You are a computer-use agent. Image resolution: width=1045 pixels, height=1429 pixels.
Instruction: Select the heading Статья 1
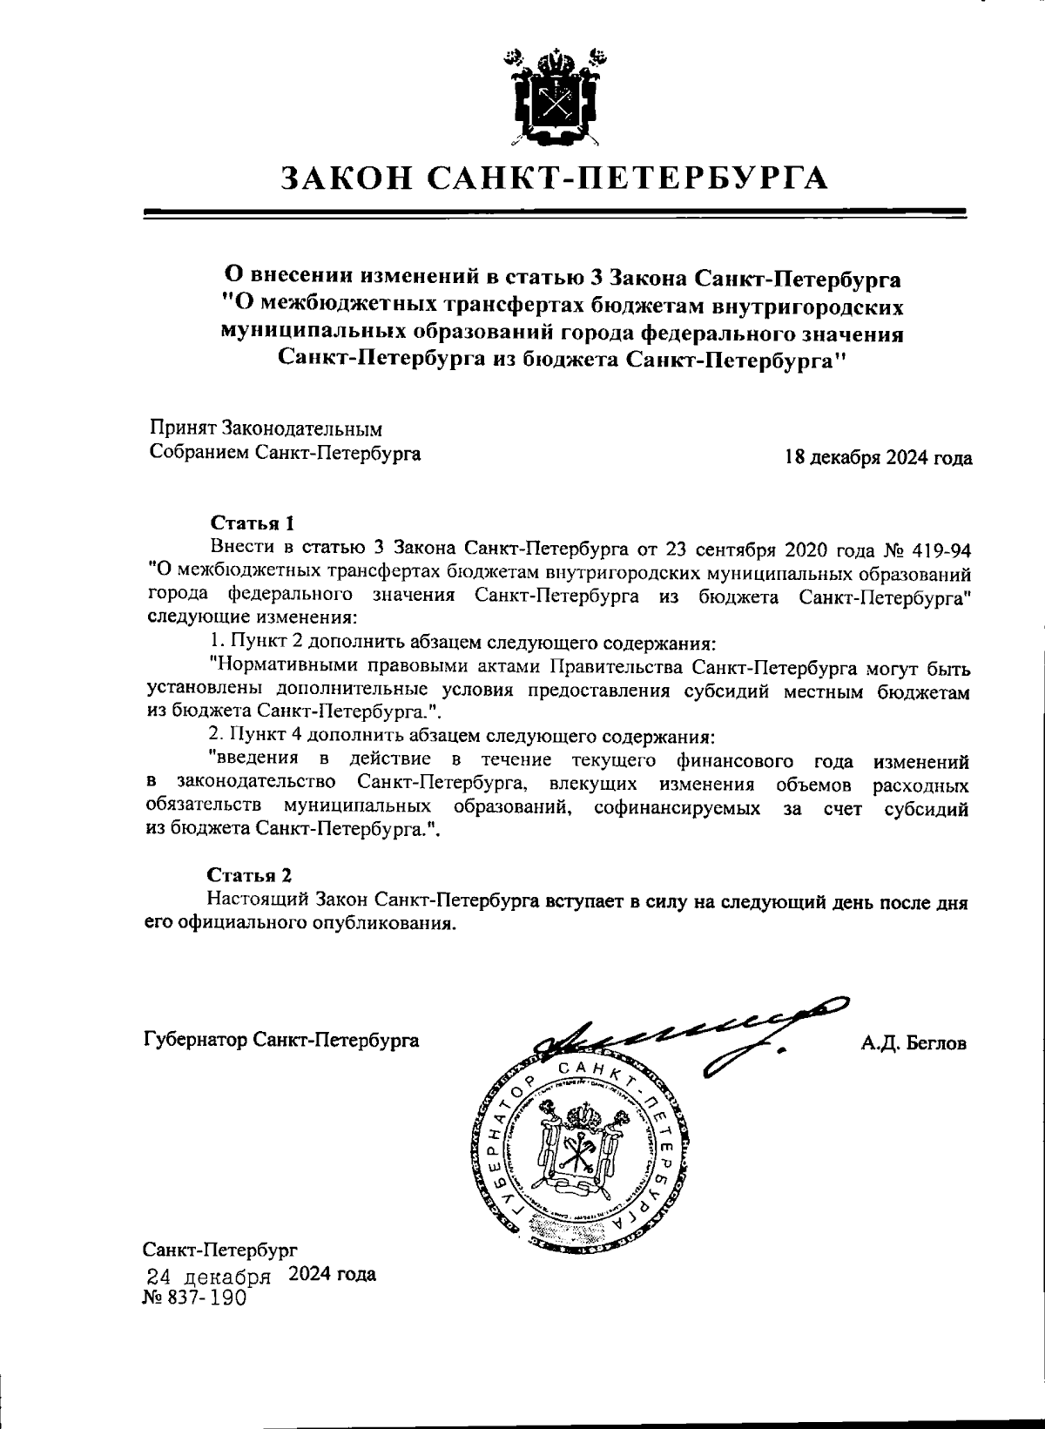point(253,523)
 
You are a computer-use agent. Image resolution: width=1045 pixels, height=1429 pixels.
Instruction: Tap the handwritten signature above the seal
point(688,1032)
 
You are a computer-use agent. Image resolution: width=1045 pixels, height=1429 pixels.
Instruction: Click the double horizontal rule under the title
point(554,212)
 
